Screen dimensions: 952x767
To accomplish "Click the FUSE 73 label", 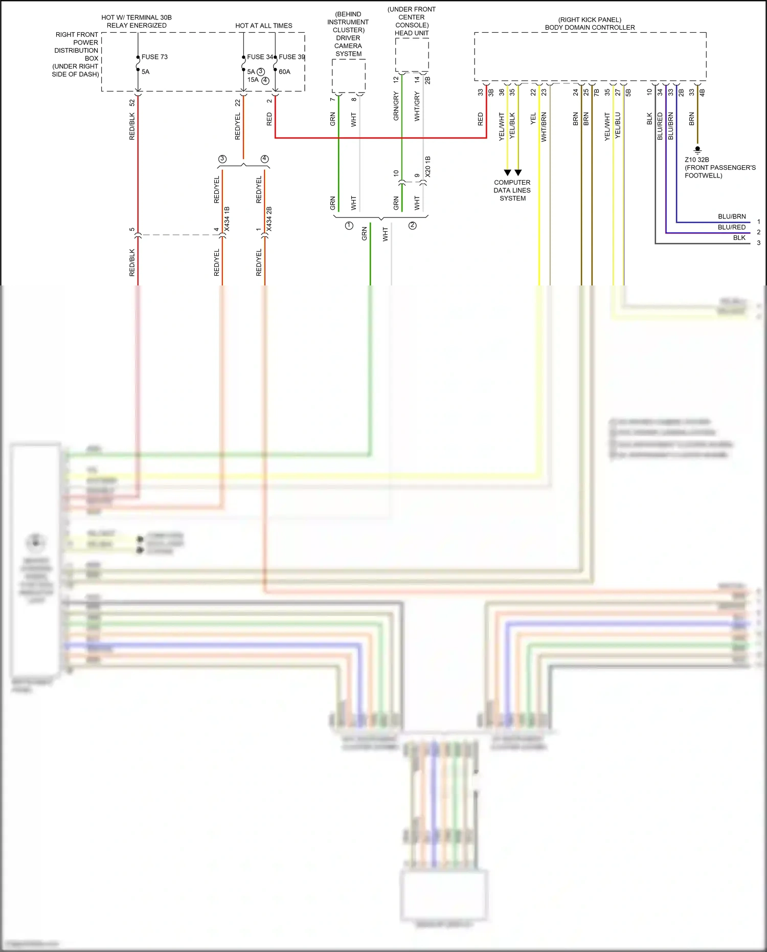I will (x=154, y=57).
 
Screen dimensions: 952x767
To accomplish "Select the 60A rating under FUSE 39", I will (x=284, y=72).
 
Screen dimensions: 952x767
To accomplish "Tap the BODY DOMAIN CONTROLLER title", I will (x=590, y=28).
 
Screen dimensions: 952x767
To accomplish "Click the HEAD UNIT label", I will (x=412, y=33).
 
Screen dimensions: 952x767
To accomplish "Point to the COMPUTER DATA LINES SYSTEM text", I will (x=512, y=190).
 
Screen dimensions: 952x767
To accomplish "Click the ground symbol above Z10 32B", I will (x=697, y=150).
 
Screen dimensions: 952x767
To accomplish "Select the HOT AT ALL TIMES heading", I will (x=264, y=26).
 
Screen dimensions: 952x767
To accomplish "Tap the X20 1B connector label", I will (x=428, y=167).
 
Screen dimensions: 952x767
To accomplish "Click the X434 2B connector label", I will (x=269, y=218).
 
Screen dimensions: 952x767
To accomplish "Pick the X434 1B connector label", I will (x=227, y=218).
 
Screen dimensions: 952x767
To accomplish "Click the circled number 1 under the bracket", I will (x=349, y=226).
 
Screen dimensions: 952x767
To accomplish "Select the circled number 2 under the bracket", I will (x=413, y=226).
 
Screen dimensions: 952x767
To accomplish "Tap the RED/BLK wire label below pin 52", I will (x=132, y=126).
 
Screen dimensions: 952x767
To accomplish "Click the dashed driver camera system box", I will (x=349, y=76).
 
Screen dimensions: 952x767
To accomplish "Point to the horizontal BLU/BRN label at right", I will (x=732, y=217).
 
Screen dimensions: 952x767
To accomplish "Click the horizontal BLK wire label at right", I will (x=739, y=238).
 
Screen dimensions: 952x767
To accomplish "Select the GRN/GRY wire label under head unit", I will (x=396, y=106).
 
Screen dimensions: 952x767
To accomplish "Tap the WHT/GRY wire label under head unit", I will (x=417, y=106).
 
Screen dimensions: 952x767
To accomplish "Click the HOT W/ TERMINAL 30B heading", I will (x=137, y=18).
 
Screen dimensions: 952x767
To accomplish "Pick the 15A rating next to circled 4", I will (x=253, y=80).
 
